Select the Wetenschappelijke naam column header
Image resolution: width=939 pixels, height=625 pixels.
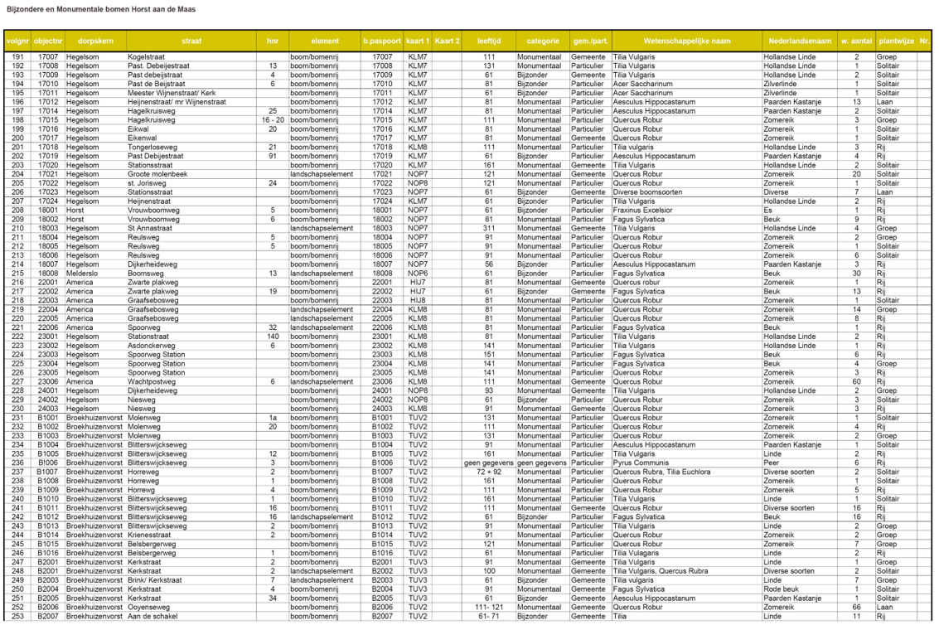point(686,41)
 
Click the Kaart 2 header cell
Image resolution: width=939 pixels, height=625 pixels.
point(448,41)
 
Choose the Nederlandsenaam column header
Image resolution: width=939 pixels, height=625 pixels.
point(800,41)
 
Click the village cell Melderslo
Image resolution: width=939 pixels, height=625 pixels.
point(83,273)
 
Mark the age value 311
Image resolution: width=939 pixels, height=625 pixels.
point(489,228)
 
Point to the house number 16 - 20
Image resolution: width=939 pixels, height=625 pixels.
point(273,120)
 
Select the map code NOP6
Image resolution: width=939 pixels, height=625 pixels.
point(418,273)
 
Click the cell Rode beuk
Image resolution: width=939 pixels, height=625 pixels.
point(781,589)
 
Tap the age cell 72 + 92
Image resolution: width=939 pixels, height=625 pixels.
point(489,472)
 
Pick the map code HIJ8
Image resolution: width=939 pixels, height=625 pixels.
point(418,300)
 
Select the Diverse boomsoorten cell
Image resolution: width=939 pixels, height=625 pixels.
point(648,192)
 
